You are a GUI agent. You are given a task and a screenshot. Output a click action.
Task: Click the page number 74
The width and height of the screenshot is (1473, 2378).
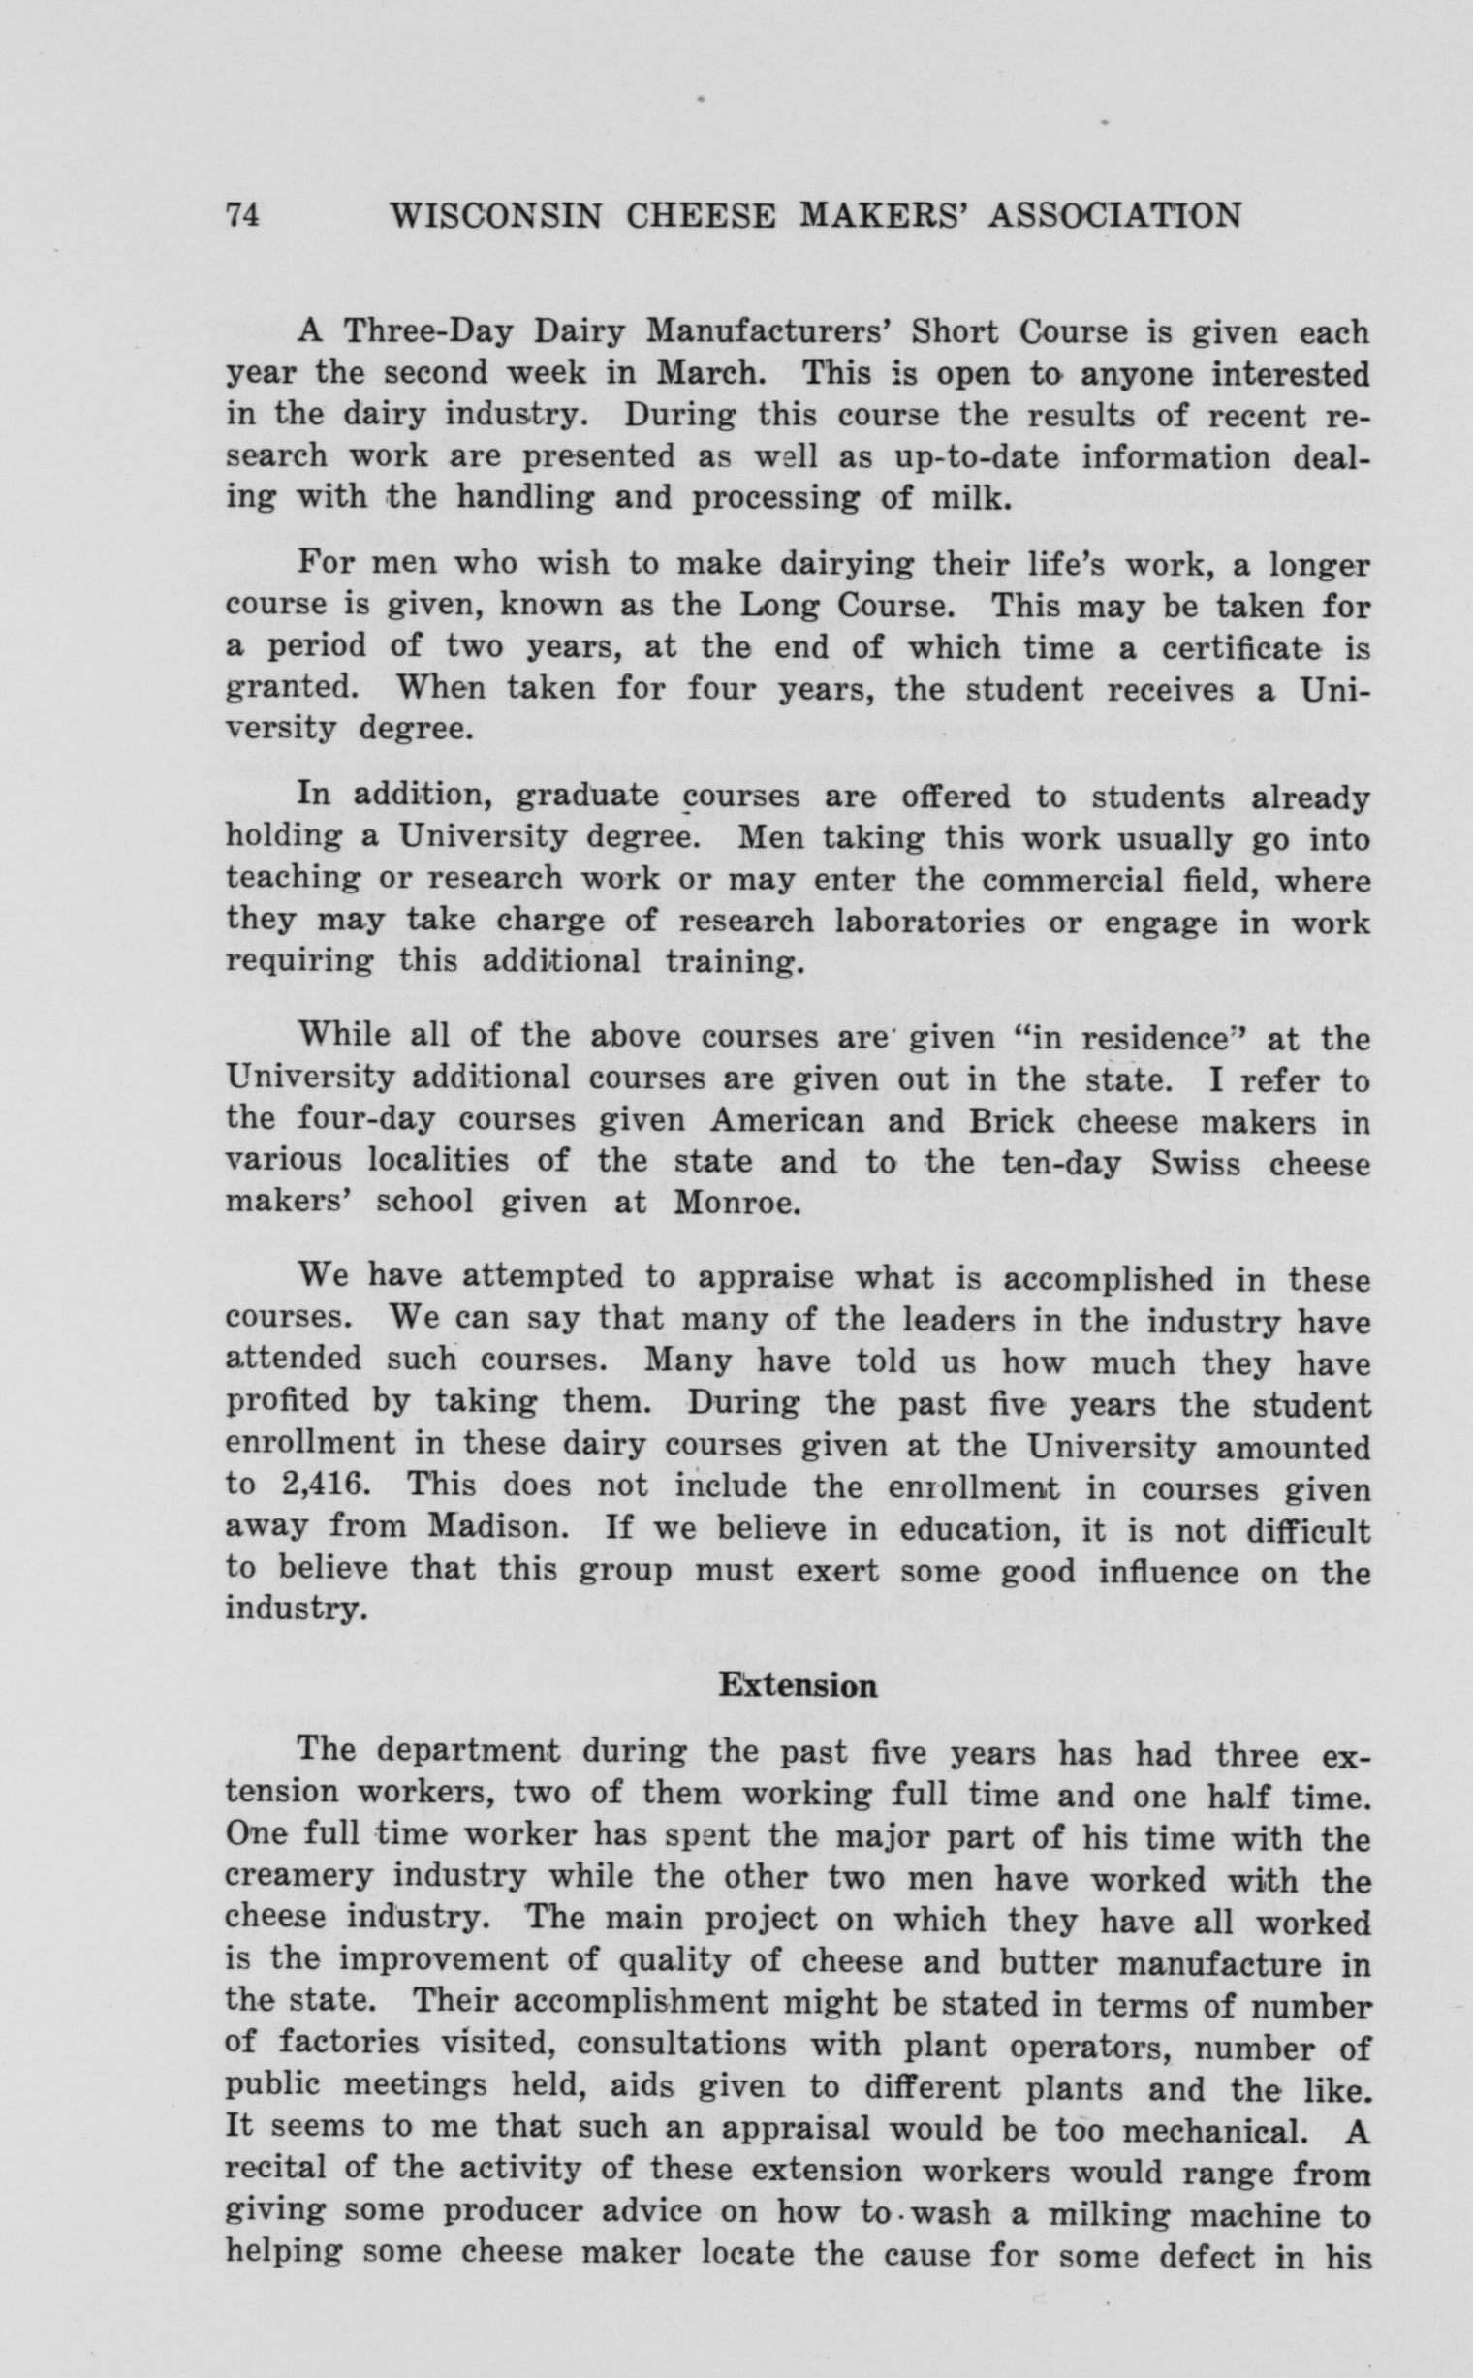241,215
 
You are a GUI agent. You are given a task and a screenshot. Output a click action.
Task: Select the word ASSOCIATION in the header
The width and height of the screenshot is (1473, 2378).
1115,215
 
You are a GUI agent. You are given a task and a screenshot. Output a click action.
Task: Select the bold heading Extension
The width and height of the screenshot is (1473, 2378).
797,1685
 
